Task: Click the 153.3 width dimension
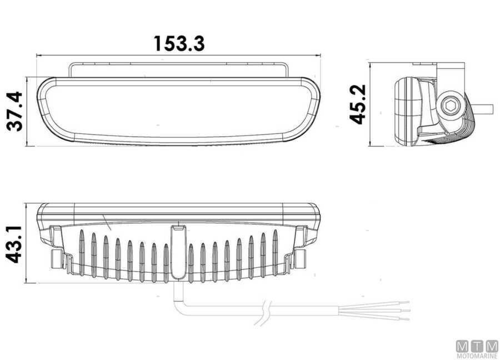click(179, 43)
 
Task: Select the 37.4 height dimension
click(16, 112)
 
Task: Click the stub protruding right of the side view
click(487, 107)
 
